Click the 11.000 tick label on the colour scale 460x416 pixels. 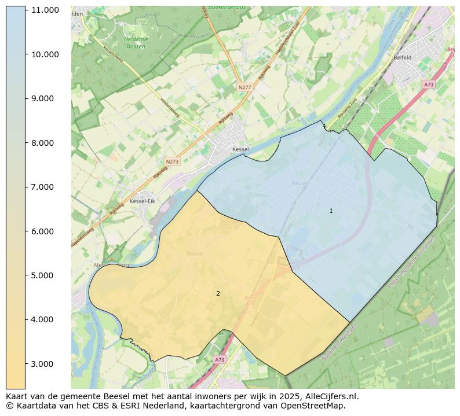45,10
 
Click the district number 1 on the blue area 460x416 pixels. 331,211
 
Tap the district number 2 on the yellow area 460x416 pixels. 218,294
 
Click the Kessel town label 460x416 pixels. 240,149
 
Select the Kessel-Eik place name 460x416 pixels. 143,201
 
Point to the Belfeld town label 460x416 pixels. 402,58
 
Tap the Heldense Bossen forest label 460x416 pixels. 136,42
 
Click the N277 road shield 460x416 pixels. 245,87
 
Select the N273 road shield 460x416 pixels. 172,162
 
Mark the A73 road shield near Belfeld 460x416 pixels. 428,84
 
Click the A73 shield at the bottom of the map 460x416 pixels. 219,360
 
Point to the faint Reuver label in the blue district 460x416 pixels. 301,183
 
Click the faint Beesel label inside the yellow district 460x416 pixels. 195,254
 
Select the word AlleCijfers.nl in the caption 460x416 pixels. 330,396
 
